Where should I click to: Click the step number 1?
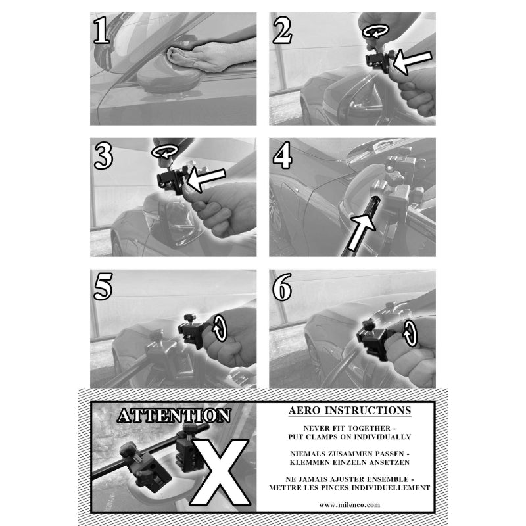pos(102,30)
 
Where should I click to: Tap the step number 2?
pos(282,30)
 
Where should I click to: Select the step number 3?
pos(104,156)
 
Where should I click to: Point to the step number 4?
pos(283,155)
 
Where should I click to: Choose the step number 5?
pos(103,287)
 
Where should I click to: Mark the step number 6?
pos(282,287)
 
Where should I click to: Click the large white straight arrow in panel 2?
pos(412,61)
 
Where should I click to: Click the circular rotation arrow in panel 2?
pos(375,31)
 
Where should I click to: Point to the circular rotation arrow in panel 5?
pos(220,327)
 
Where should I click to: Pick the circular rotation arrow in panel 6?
pos(410,333)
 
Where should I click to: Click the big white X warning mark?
pos(220,471)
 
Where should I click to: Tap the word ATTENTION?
pos(174,416)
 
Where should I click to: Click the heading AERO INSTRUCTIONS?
pos(350,410)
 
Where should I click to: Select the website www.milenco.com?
pos(350,504)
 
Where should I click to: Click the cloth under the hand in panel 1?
pos(179,57)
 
